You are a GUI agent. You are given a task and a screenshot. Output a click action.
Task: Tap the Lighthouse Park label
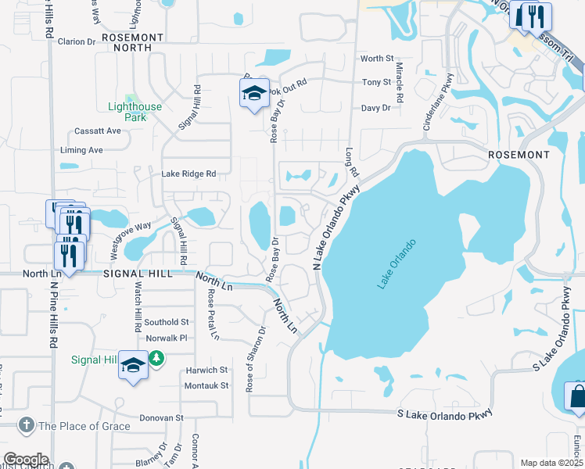(134, 112)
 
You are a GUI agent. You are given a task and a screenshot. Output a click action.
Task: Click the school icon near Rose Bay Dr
(254, 93)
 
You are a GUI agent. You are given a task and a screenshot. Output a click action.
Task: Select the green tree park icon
(157, 359)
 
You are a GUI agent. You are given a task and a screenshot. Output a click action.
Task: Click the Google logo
(25, 460)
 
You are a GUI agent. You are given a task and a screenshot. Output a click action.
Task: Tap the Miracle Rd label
(400, 84)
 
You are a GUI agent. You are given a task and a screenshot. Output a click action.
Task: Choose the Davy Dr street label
(375, 108)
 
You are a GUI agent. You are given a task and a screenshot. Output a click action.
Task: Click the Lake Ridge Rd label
(188, 174)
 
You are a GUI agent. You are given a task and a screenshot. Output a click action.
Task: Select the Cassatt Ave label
(97, 131)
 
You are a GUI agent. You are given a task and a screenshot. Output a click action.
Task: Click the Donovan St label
(161, 418)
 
